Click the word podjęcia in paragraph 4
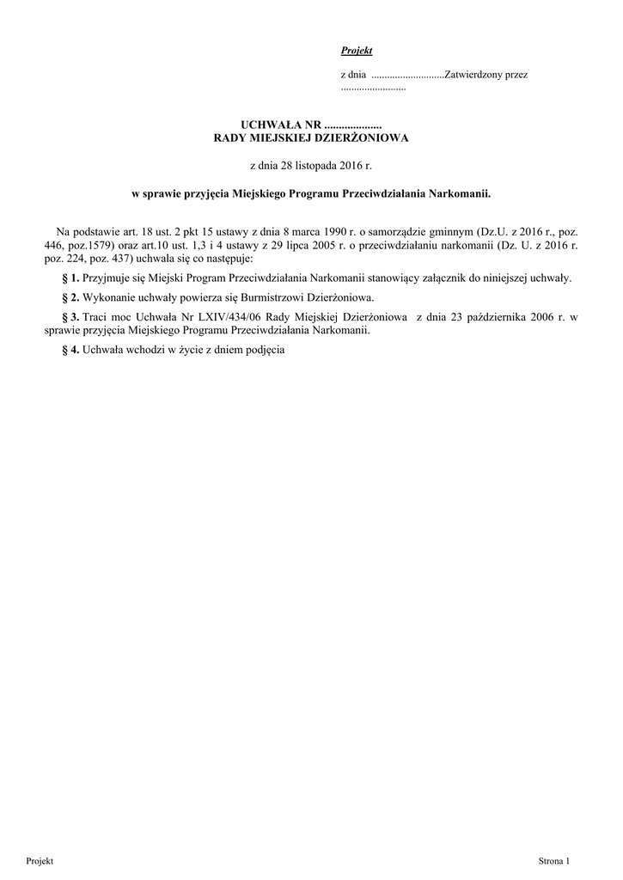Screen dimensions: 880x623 pyautogui.click(x=261, y=350)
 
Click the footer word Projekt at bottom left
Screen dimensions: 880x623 pyautogui.click(x=40, y=860)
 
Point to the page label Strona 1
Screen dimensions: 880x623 pyautogui.click(x=554, y=860)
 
